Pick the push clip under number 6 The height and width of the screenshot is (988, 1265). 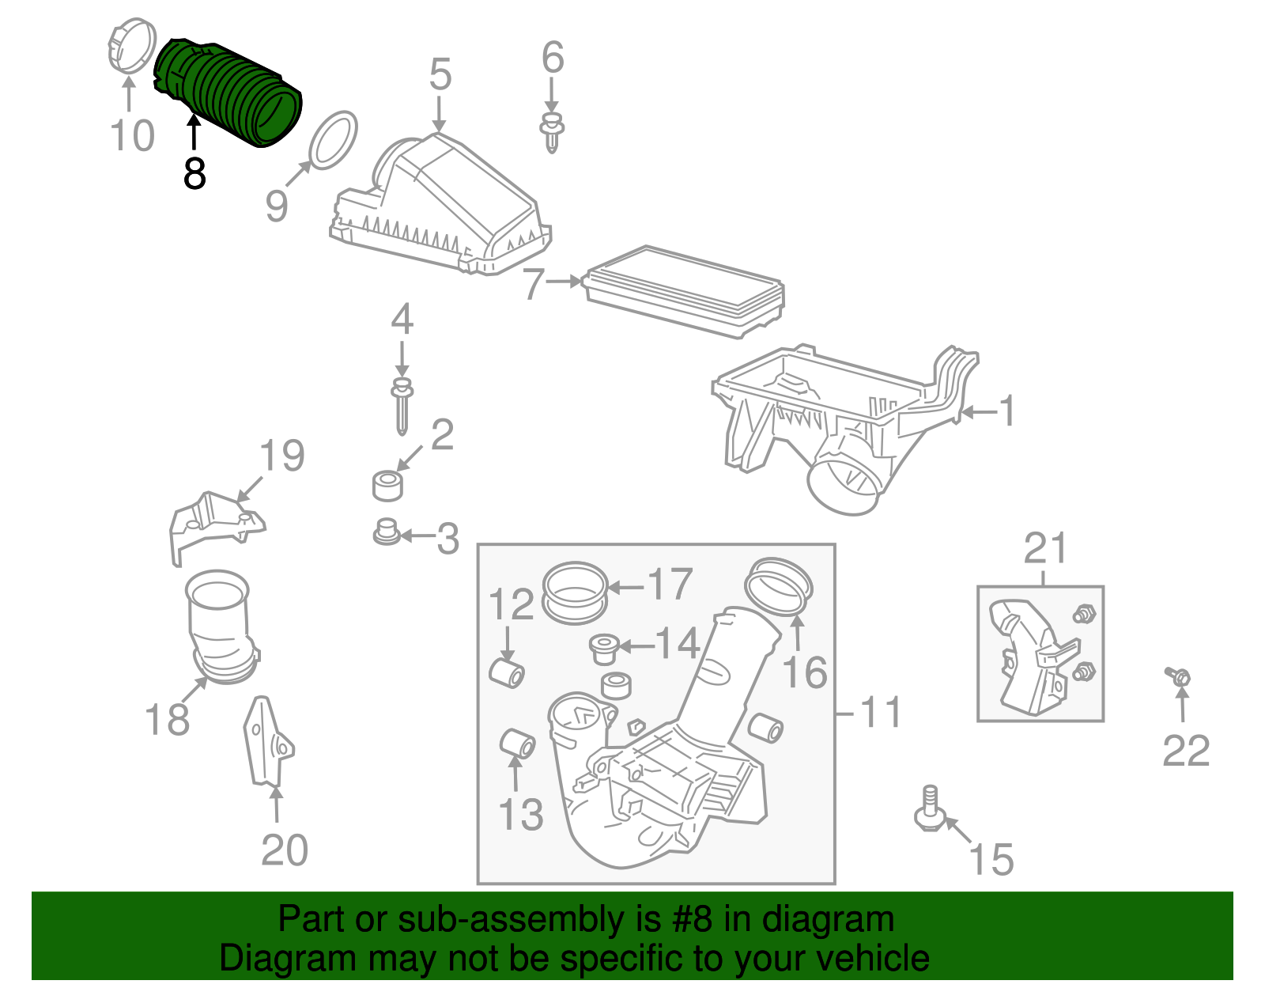552,133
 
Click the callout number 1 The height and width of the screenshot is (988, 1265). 1006,411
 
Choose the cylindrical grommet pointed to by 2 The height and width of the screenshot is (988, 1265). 387,485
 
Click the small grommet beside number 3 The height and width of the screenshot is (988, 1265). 386,532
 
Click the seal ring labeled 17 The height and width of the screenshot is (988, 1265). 575,593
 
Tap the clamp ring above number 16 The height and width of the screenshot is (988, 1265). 780,586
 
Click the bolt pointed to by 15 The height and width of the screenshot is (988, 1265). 929,811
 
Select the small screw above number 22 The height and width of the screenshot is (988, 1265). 1178,678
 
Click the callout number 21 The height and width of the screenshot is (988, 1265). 1045,548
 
